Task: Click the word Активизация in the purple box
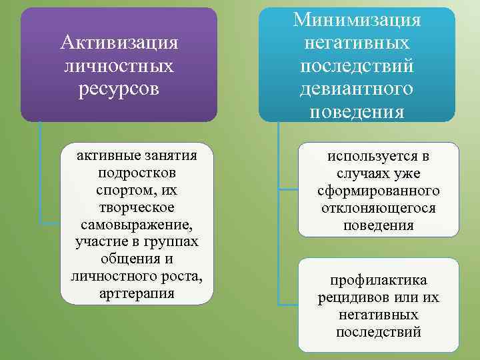tap(119, 43)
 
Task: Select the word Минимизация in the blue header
tap(357, 20)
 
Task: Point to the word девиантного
tap(357, 88)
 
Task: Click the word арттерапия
tap(136, 293)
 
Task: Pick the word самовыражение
tap(136, 223)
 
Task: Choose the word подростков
tap(136, 172)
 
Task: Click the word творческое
tap(136, 206)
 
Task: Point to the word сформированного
tap(378, 191)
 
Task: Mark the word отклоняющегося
tap(378, 208)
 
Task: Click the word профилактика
tap(378, 280)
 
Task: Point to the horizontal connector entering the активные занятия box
tap(49, 223)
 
